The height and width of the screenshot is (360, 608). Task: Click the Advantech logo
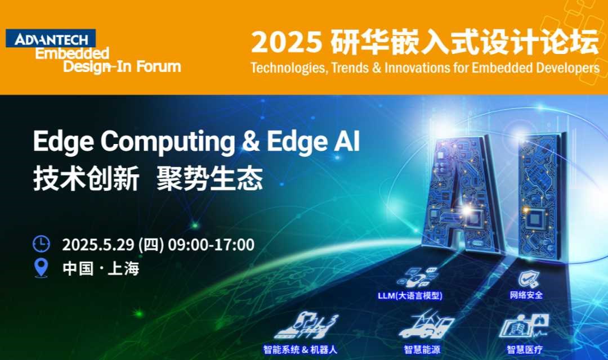click(x=51, y=38)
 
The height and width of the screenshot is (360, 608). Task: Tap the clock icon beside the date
click(x=41, y=244)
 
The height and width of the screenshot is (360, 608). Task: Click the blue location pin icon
click(x=41, y=268)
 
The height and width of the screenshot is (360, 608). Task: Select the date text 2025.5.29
click(x=98, y=245)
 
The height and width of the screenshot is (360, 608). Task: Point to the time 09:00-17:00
click(x=211, y=245)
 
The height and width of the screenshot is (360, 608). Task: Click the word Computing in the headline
click(x=168, y=142)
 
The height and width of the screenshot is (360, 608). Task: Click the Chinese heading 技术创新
click(x=86, y=179)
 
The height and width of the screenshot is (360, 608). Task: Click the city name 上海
click(x=123, y=268)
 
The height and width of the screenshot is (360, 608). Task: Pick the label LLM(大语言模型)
click(x=410, y=296)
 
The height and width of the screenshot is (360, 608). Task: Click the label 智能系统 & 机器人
click(x=300, y=349)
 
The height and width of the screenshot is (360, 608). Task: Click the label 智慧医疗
click(x=525, y=349)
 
